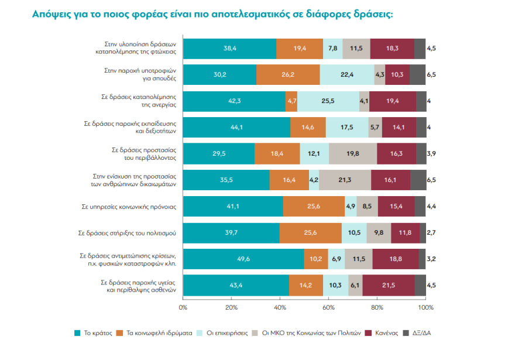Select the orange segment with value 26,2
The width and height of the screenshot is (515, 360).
pos(287,75)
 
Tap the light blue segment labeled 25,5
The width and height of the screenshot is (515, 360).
pos(328,101)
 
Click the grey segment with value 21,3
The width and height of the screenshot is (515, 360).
pos(345,180)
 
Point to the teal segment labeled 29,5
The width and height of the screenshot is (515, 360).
pos(219,154)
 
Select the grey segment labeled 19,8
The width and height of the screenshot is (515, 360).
pos(352,154)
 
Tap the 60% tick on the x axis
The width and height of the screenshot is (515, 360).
pos(329,307)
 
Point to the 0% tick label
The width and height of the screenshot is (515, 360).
pos(183,307)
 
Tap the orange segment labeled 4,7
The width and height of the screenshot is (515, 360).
pos(291,101)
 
